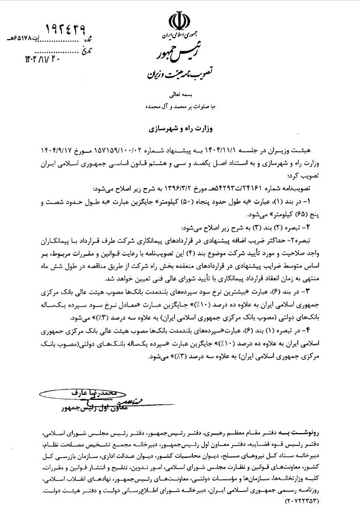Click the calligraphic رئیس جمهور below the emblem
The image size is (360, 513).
(180, 55)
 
